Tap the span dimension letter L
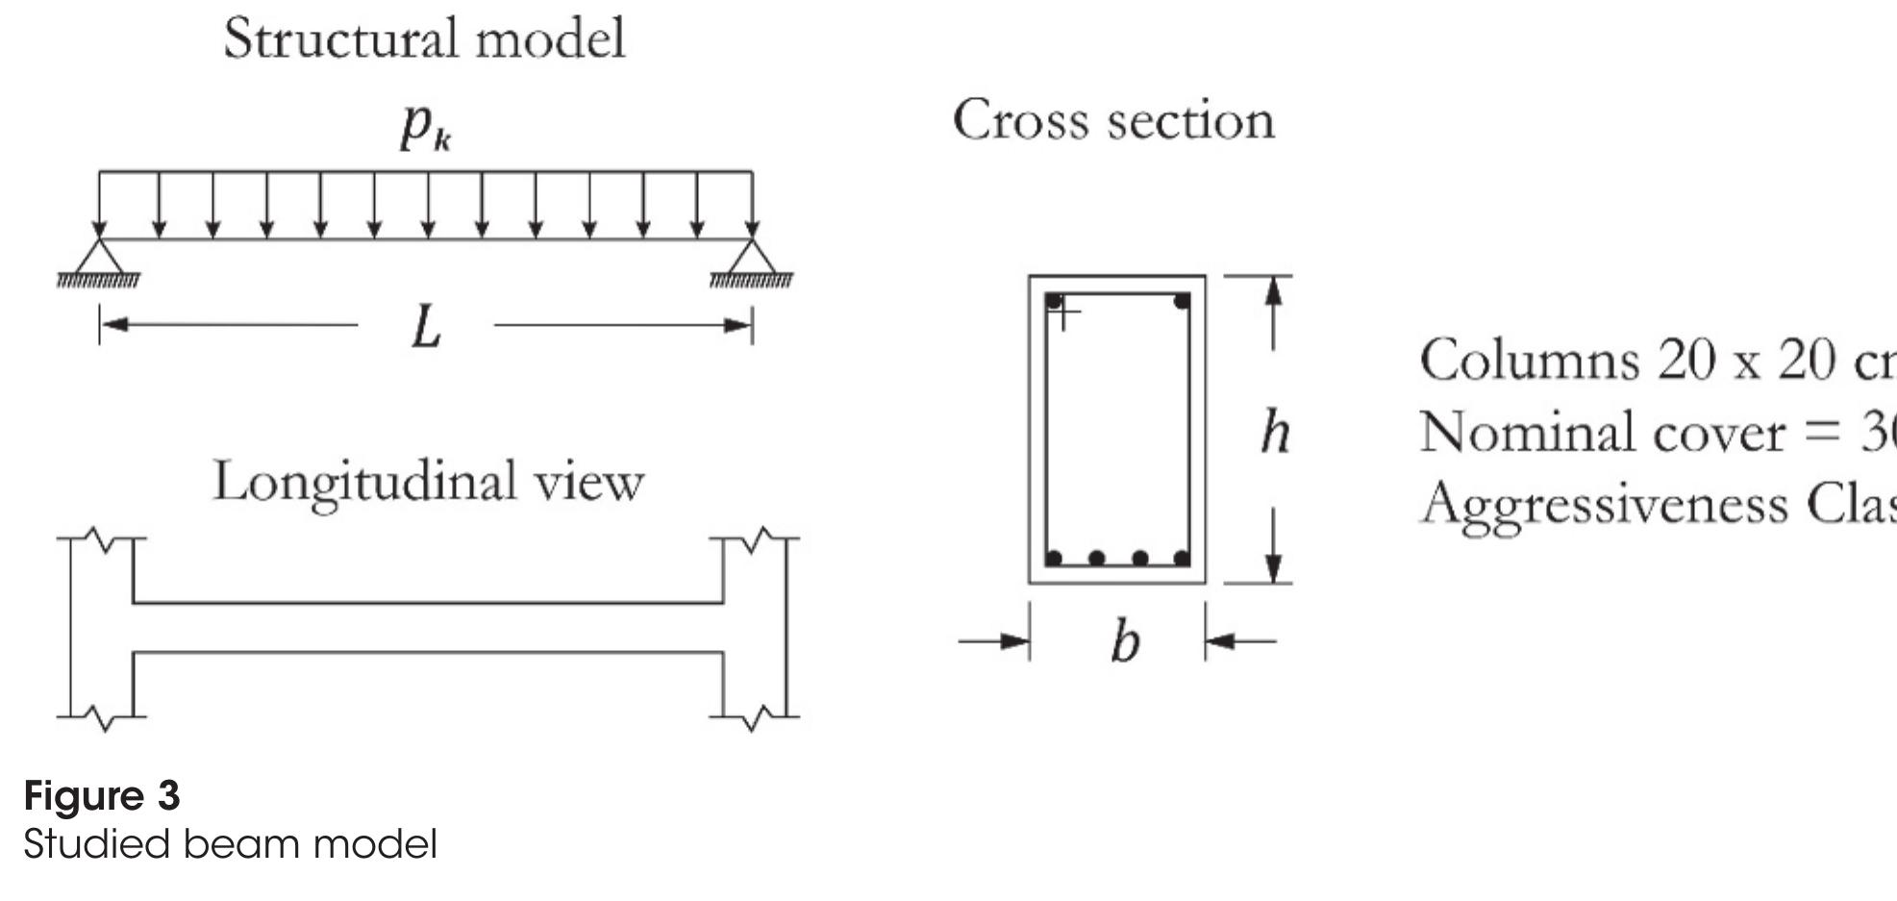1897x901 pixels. point(426,328)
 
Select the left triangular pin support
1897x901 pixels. point(99,257)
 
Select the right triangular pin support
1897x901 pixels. point(752,257)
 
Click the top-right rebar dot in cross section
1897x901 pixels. point(1182,302)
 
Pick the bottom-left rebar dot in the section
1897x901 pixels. point(1054,558)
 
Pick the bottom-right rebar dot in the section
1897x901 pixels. point(1182,558)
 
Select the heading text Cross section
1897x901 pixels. point(1113,121)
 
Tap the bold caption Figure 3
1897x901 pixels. point(102,796)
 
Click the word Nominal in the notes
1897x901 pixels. point(1528,432)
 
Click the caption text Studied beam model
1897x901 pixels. point(230,844)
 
